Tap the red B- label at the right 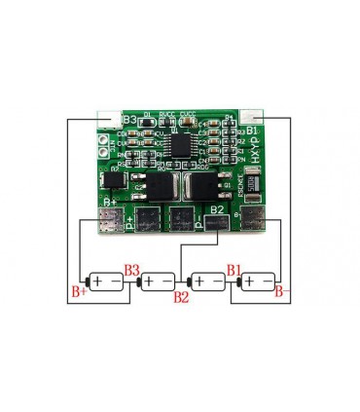[x=279, y=290]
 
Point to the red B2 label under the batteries [x=181, y=296]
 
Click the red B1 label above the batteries [x=234, y=269]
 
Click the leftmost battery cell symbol [x=105, y=282]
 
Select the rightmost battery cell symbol [x=257, y=282]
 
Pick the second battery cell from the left [x=156, y=282]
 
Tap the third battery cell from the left [x=206, y=282]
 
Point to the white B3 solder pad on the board [x=107, y=119]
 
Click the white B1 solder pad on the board [x=256, y=118]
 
